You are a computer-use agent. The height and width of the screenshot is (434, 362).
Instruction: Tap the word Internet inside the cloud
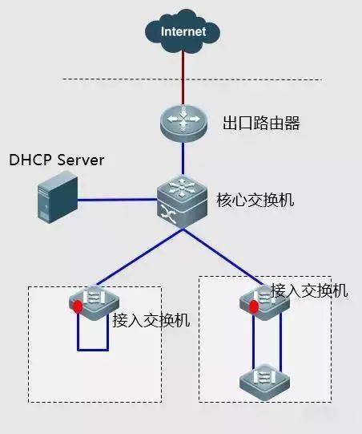[x=183, y=32]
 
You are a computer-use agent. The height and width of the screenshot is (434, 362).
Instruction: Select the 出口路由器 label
[x=255, y=124]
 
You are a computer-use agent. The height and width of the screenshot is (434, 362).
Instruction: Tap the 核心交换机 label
[x=255, y=200]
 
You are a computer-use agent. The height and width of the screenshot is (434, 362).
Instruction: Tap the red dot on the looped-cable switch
[x=78, y=306]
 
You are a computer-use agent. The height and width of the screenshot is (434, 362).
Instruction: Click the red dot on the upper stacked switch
[x=254, y=306]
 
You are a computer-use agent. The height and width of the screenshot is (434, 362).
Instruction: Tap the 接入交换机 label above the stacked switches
[x=309, y=290]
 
